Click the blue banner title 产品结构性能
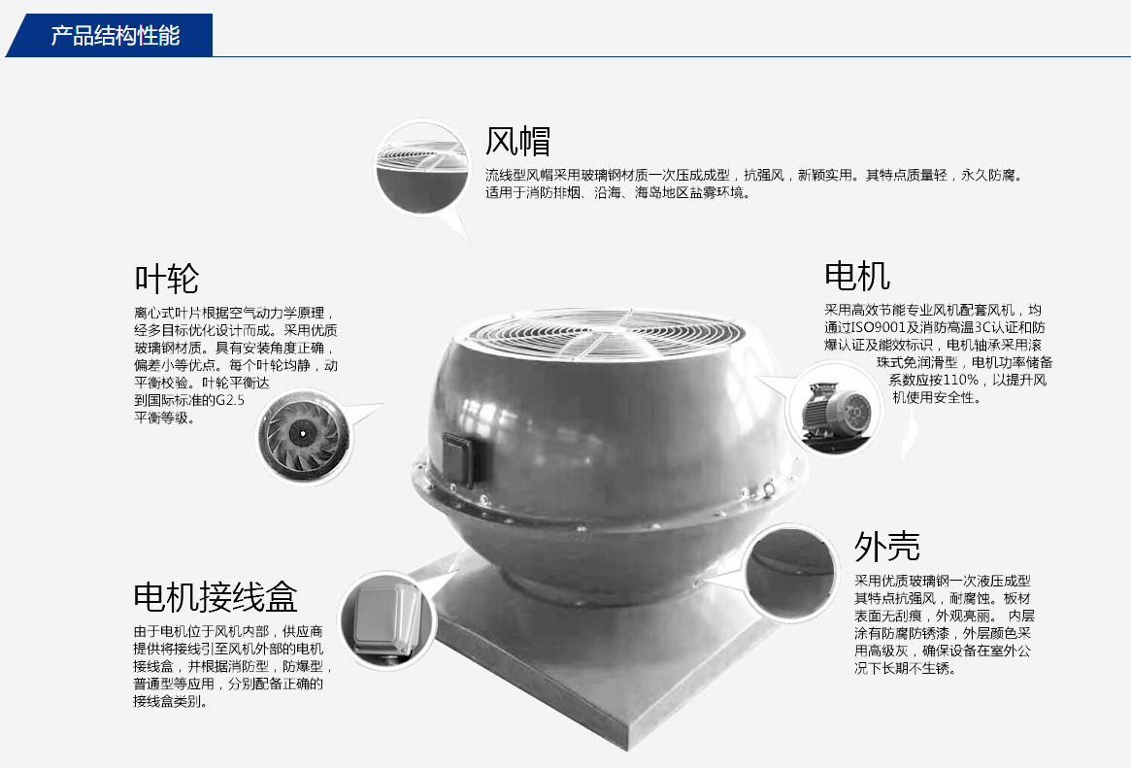pyautogui.click(x=116, y=35)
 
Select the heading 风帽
pyautogui.click(x=517, y=141)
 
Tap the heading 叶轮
pyautogui.click(x=167, y=279)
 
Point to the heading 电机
pyautogui.click(x=857, y=276)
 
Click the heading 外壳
pyautogui.click(x=887, y=547)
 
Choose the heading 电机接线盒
pyautogui.click(x=216, y=597)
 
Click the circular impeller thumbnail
pyautogui.click(x=304, y=435)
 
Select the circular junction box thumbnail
pyautogui.click(x=386, y=620)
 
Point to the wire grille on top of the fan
pyautogui.click(x=606, y=334)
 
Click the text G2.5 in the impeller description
pyautogui.click(x=230, y=400)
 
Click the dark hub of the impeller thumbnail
pyautogui.click(x=303, y=433)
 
